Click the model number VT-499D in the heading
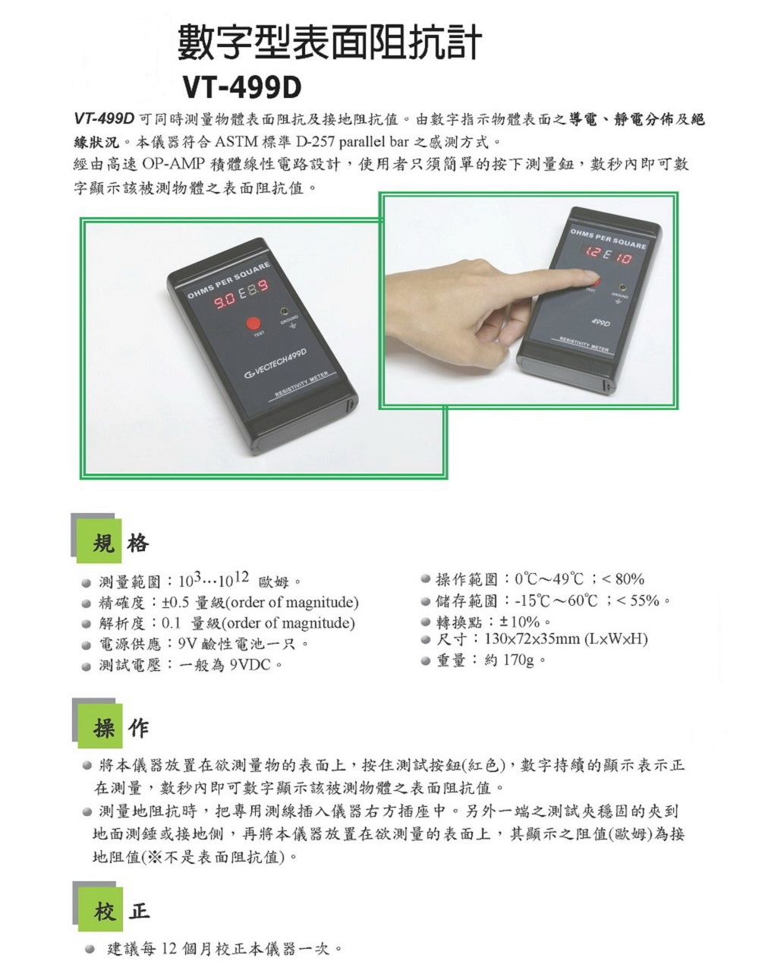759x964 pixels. (x=242, y=88)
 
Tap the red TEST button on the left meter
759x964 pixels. (x=254, y=323)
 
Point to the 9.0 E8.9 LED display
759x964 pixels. (x=241, y=295)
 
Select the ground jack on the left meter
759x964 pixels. (x=284, y=311)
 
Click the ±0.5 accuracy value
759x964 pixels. (x=175, y=602)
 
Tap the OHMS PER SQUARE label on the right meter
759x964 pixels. (x=608, y=239)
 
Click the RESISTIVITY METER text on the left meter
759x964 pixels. (x=301, y=385)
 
